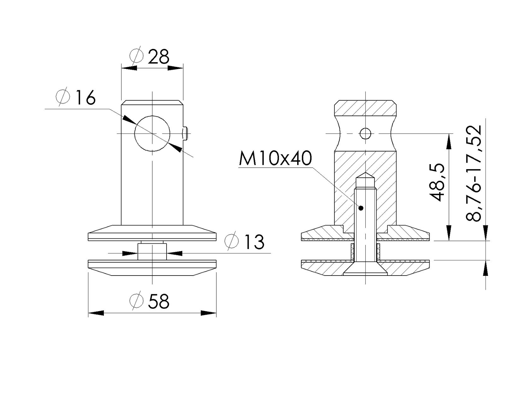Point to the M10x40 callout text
point(275,159)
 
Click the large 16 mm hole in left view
point(152,134)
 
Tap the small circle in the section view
point(365,134)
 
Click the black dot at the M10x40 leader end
point(361,208)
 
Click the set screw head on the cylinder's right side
point(186,134)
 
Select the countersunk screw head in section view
point(365,270)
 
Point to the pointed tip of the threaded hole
point(365,175)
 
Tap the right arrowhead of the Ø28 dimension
point(175,68)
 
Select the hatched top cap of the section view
point(365,108)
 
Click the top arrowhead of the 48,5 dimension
point(448,141)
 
